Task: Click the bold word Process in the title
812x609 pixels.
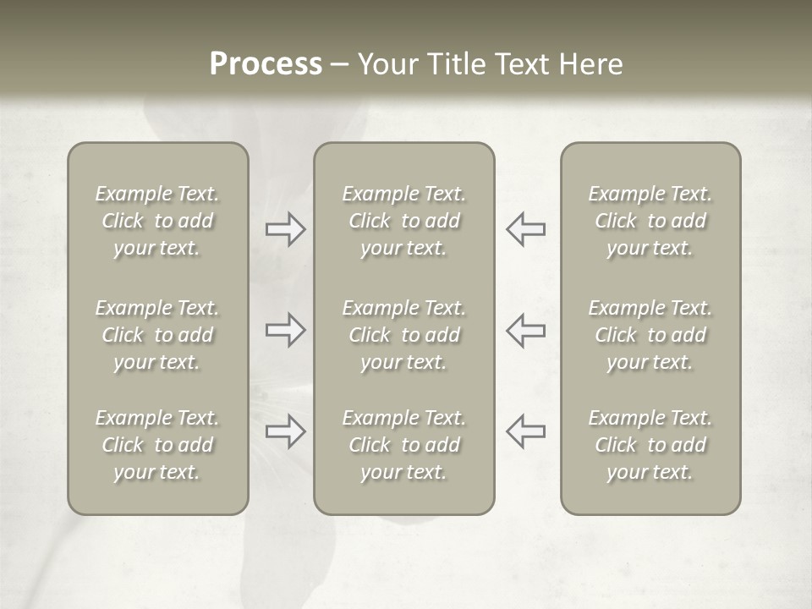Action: (x=266, y=64)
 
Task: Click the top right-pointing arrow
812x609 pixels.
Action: (x=285, y=229)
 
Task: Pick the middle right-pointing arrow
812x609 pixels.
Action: (x=285, y=330)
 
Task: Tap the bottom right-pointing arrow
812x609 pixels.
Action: (x=285, y=431)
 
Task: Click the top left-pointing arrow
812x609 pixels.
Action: (x=526, y=229)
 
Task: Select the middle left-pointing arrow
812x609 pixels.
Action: (x=526, y=330)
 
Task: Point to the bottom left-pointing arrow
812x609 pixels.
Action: (x=526, y=431)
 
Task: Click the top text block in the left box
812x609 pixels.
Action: (x=157, y=221)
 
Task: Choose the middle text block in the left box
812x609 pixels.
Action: (x=157, y=335)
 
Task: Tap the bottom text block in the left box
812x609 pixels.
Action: (x=157, y=445)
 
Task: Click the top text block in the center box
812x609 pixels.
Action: (x=403, y=221)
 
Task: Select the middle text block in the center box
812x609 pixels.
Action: (x=403, y=335)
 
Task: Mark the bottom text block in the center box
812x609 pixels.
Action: (x=403, y=445)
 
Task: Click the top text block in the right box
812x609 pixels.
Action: (x=650, y=221)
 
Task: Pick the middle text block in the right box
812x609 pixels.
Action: (x=650, y=335)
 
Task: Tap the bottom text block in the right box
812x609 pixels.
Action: (x=650, y=445)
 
